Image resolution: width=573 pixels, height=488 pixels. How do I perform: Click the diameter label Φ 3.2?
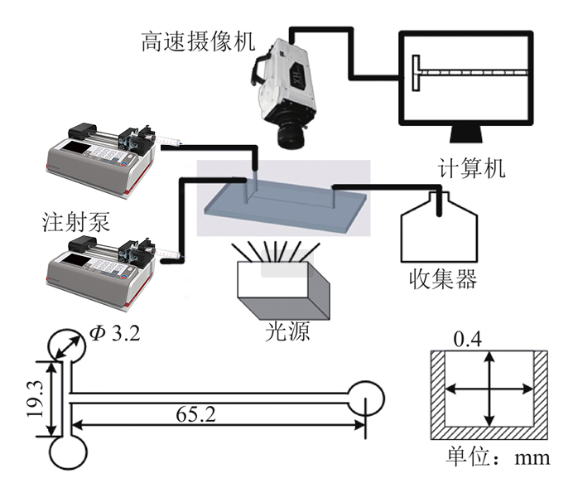[x=113, y=334]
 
